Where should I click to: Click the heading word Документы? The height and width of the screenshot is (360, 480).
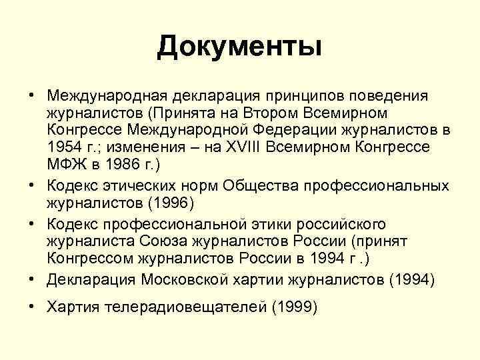[240, 47]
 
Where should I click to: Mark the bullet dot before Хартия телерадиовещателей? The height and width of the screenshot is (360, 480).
[32, 307]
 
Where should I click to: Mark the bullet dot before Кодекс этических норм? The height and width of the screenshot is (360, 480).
[32, 183]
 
